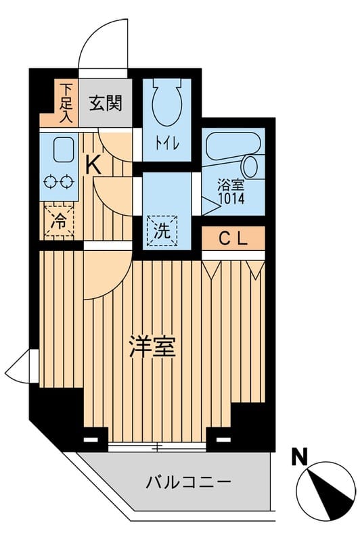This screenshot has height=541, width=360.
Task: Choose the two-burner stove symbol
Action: pos(58,181)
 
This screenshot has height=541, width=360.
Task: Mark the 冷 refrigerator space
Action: pos(58,220)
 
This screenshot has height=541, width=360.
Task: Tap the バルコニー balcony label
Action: pos(189,482)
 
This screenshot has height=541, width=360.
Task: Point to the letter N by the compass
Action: pos(297,456)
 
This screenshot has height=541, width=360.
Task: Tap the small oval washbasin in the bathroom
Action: pos(250,166)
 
